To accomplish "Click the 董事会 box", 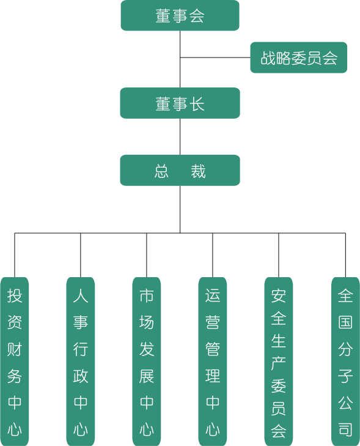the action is (180, 15).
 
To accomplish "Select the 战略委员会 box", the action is (299, 58).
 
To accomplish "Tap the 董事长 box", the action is (180, 103).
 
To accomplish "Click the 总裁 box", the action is (180, 170).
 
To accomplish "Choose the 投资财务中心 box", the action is (15, 362).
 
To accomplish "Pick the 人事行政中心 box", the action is (81, 362).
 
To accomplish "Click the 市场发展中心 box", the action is (147, 362).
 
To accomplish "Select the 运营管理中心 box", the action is (213, 362).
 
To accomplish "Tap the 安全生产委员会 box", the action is (279, 362).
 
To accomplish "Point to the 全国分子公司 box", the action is (345, 362).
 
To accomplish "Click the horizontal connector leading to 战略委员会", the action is (215, 58).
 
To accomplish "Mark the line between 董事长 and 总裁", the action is (180, 136).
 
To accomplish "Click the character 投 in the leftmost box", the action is (15, 296).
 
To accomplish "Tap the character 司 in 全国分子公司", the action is (345, 429).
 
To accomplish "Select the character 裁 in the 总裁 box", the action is (198, 171).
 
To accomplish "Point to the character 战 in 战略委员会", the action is (268, 58).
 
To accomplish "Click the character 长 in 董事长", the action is (197, 104).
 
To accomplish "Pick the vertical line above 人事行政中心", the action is (81, 255).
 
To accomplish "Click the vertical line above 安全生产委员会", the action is (279, 255).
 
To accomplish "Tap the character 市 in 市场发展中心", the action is (147, 296).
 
